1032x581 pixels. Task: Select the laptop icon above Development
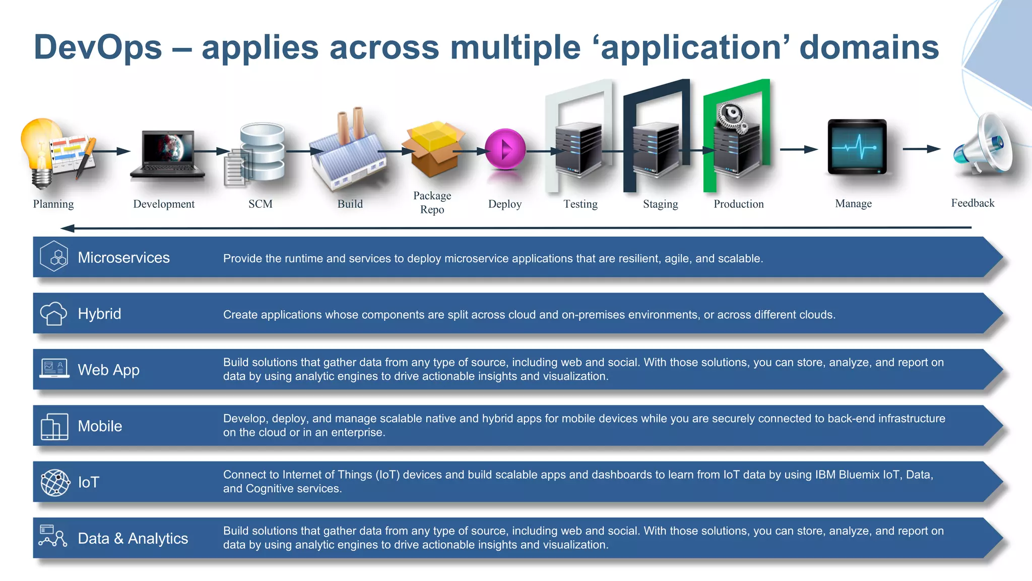pyautogui.click(x=167, y=154)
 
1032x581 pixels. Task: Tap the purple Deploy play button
pyautogui.click(x=505, y=149)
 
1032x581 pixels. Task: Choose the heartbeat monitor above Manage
pyautogui.click(x=857, y=147)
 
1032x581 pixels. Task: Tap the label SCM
pyautogui.click(x=260, y=204)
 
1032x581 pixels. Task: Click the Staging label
pyautogui.click(x=660, y=204)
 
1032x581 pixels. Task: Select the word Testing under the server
pyautogui.click(x=580, y=204)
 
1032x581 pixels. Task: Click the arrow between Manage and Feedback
pyautogui.click(x=921, y=149)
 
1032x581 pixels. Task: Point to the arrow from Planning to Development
pyautogui.click(x=111, y=151)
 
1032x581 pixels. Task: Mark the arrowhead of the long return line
pyautogui.click(x=67, y=228)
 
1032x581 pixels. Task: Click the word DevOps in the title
pyautogui.click(x=98, y=47)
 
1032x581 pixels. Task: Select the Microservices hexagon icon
pyautogui.click(x=54, y=257)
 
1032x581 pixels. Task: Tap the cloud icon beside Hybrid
pyautogui.click(x=53, y=314)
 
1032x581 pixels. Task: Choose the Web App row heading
pyautogui.click(x=108, y=370)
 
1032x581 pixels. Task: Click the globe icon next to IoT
pyautogui.click(x=55, y=483)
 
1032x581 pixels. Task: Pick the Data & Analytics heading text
pyautogui.click(x=133, y=538)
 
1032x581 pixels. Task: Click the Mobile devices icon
pyautogui.click(x=54, y=427)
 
